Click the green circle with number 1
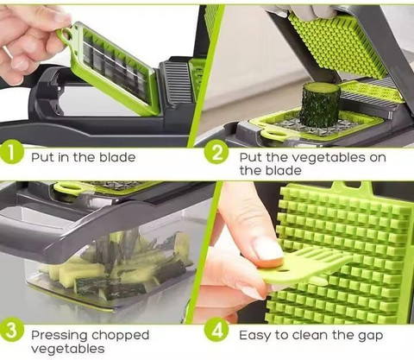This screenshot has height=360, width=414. (x=11, y=152)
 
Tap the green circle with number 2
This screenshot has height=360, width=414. (x=216, y=152)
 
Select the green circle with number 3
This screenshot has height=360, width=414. (x=11, y=331)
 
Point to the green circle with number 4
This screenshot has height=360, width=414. (x=216, y=331)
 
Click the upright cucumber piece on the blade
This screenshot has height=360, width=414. (x=320, y=105)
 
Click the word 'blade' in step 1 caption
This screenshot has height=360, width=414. (x=117, y=157)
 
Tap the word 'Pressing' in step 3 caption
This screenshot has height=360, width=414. (x=60, y=336)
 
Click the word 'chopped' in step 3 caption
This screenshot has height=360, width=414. (x=120, y=336)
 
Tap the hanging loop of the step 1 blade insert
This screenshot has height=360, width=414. (x=66, y=35)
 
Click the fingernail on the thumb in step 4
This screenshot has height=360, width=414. (x=268, y=248)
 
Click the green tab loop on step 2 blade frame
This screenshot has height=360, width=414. (x=272, y=135)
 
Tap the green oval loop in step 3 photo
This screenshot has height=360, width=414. (x=68, y=188)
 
